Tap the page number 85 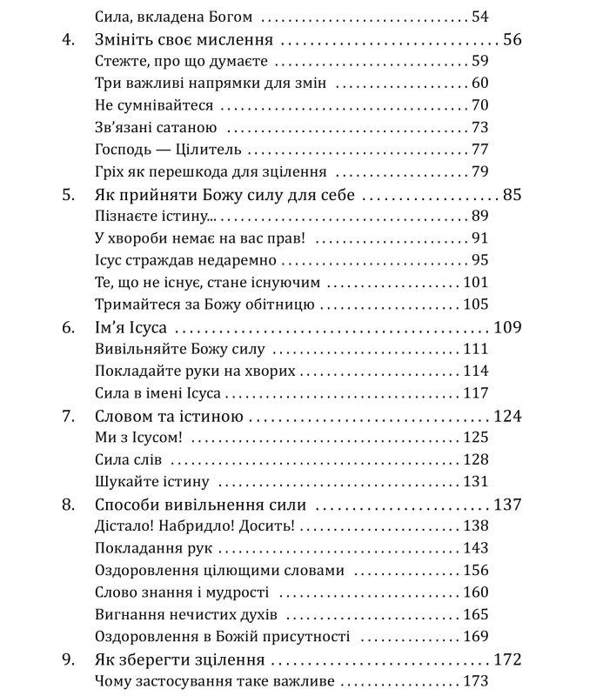[x=512, y=194]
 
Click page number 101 [x=500, y=283]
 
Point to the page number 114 [x=500, y=371]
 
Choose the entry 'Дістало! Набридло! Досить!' [x=193, y=526]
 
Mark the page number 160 [x=500, y=592]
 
